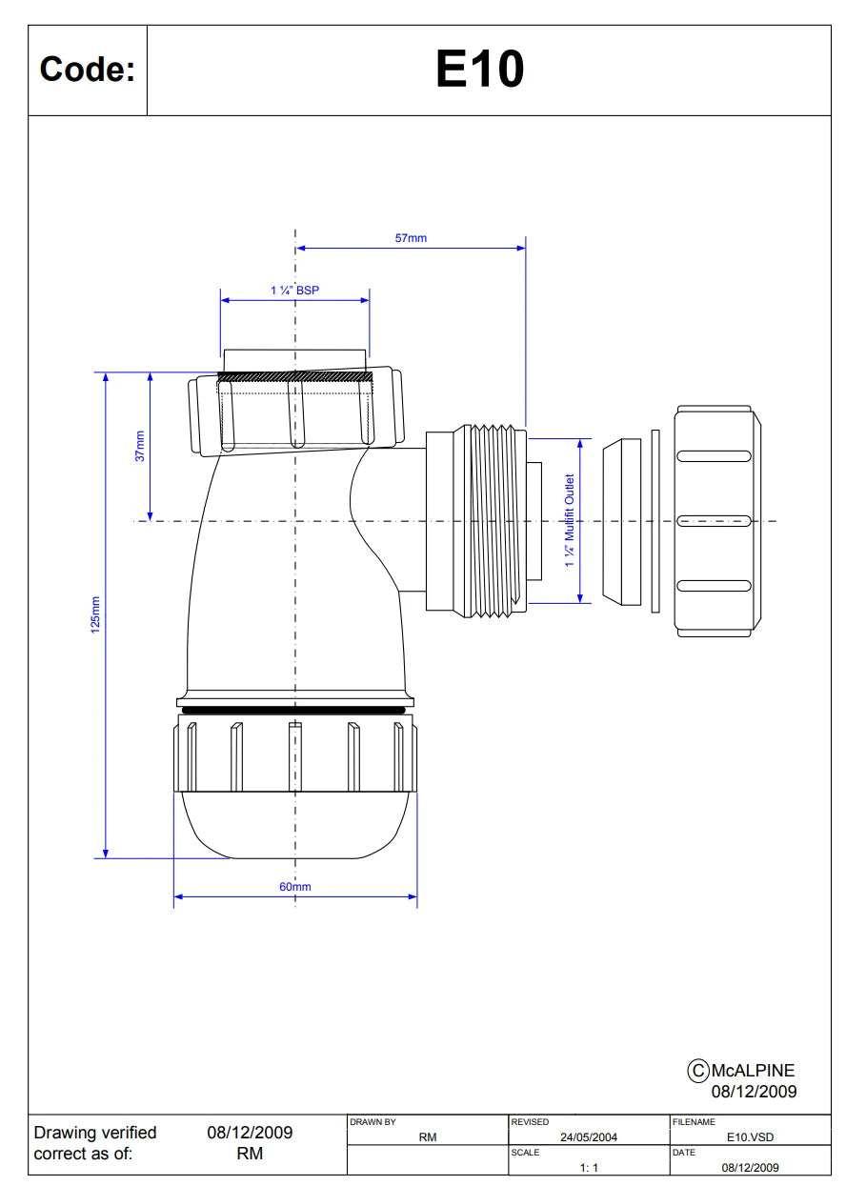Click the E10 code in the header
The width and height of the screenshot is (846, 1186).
tap(479, 69)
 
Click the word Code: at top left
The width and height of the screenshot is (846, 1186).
tap(88, 70)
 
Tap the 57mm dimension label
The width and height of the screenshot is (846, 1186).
tap(411, 238)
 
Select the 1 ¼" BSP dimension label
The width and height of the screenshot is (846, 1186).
tap(294, 291)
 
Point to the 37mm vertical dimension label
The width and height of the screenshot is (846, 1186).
tap(140, 446)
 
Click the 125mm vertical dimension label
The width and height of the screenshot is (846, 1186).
tap(95, 614)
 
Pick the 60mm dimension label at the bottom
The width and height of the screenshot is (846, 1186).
tap(295, 886)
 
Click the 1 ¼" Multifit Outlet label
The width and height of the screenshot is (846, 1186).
tap(569, 520)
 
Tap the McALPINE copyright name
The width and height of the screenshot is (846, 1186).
tap(753, 1070)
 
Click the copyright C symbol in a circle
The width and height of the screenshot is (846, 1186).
tap(697, 1070)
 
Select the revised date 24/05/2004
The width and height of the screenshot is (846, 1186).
tap(589, 1136)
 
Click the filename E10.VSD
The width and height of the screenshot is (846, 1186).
tap(750, 1136)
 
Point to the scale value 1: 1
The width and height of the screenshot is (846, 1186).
tap(589, 1167)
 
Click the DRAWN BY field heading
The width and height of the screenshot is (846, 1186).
tap(373, 1121)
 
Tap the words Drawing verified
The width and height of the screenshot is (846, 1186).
tap(95, 1132)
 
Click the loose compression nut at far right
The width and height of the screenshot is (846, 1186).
tap(717, 521)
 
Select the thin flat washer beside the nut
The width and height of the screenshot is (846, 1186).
tap(655, 521)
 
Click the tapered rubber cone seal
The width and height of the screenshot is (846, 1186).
tap(621, 521)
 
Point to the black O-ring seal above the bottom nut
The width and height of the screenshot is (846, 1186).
tap(293, 710)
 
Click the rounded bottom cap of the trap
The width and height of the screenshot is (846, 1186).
tap(295, 824)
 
